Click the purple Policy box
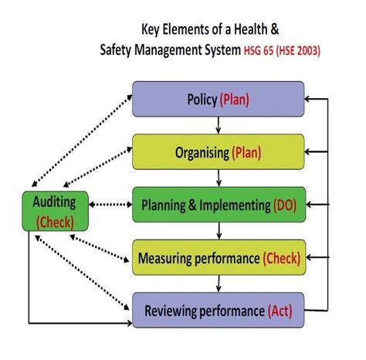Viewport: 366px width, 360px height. tap(218, 100)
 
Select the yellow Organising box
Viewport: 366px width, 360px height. tap(218, 153)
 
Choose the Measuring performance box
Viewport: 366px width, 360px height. tap(219, 258)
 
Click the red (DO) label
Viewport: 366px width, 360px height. tap(290, 205)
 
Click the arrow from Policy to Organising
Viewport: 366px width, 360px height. tap(219, 126)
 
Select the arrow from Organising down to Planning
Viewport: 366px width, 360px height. tap(219, 178)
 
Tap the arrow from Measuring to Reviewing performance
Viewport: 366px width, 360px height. tap(219, 285)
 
